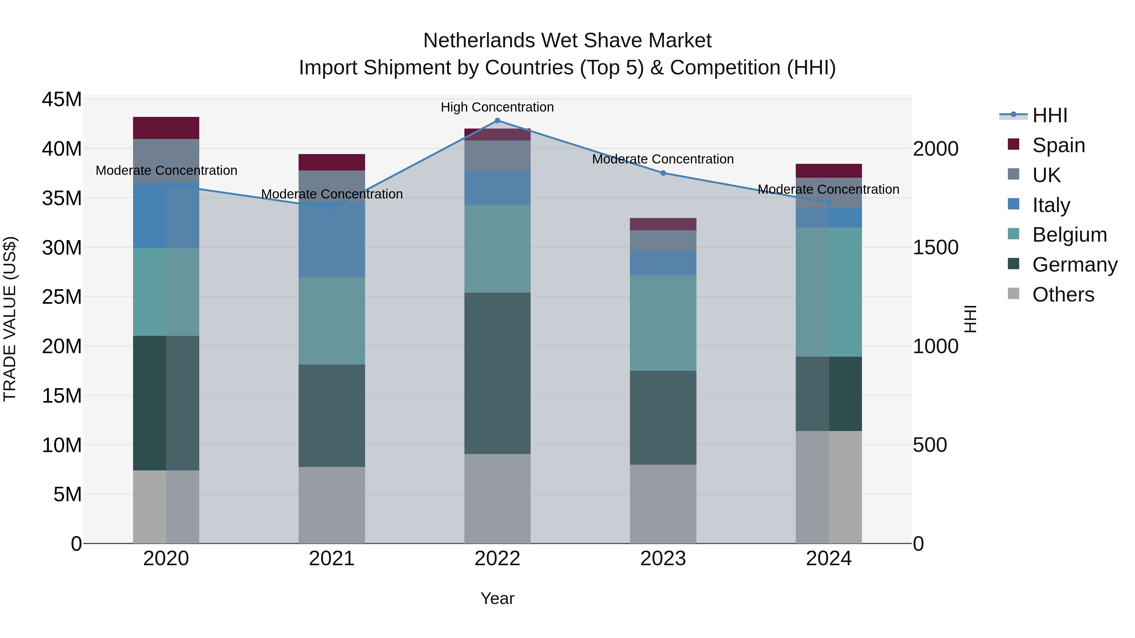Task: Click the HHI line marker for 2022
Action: pos(498,121)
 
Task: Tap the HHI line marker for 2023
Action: pos(663,173)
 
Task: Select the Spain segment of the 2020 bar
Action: pos(166,128)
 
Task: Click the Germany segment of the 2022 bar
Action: pos(498,373)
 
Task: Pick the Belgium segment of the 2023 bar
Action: pos(663,323)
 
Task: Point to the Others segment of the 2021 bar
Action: pos(332,505)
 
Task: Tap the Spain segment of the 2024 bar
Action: pos(829,171)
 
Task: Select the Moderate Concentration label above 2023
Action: pos(663,159)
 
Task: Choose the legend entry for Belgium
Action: pos(1069,235)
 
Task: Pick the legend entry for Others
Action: pos(1063,295)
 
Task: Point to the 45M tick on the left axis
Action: pos(62,100)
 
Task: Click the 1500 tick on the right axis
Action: pos(935,247)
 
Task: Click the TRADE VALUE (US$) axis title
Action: pos(10,319)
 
